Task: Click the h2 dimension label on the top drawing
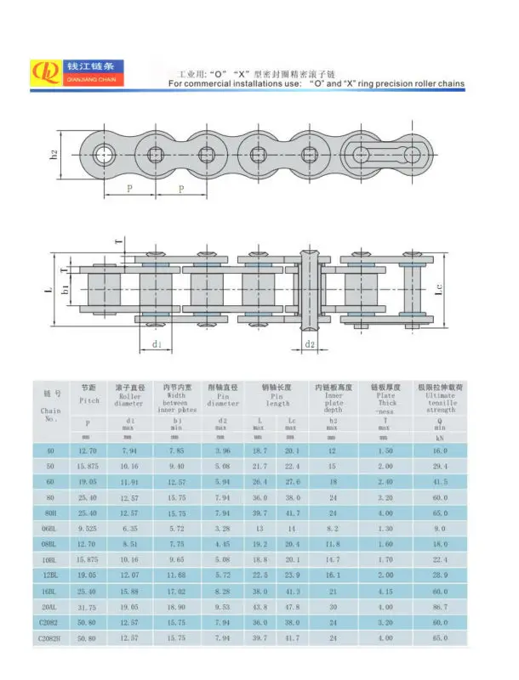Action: (x=53, y=155)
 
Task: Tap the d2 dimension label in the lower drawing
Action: (x=311, y=344)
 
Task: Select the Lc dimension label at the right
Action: (x=438, y=290)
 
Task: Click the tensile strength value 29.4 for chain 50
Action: (x=440, y=467)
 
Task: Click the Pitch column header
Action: (x=89, y=394)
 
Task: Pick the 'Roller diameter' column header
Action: (x=131, y=396)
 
